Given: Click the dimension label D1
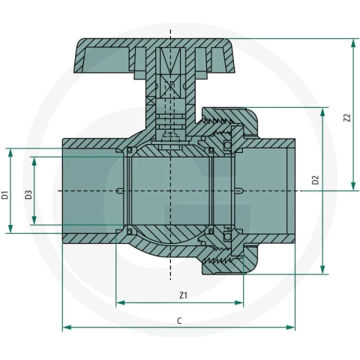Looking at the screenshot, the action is (5, 195).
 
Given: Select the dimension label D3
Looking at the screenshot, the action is (28, 195).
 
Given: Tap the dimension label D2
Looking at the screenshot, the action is (316, 180).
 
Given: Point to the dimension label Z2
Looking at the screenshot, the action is (347, 118).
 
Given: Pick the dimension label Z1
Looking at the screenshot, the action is (183, 295).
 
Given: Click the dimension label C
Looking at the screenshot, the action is (179, 321).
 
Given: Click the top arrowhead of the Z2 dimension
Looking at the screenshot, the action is (353, 43).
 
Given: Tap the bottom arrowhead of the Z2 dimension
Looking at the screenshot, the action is (353, 186).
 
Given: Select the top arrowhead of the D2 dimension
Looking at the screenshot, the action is (322, 112).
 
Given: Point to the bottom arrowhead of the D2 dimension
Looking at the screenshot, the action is (322, 270).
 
